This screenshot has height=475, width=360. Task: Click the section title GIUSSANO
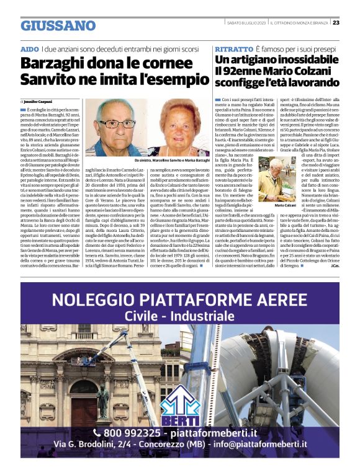pos(58,25)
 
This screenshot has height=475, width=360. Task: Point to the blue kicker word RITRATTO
pos(233,48)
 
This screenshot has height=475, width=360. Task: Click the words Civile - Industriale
pos(179,316)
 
